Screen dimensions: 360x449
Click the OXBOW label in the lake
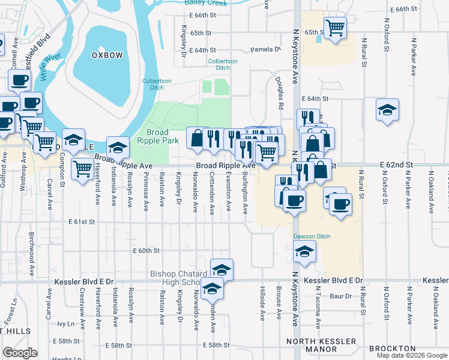[107, 55]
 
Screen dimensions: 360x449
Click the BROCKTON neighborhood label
[393, 349]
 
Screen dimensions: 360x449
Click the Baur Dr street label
[340, 296]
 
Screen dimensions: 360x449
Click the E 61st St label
[83, 222]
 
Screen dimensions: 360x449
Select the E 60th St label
[146, 250]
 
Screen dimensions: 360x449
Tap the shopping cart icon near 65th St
[335, 26]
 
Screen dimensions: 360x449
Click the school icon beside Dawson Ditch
[305, 252]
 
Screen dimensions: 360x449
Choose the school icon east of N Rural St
[387, 110]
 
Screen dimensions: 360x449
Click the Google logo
[20, 353]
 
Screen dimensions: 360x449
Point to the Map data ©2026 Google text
[412, 355]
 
